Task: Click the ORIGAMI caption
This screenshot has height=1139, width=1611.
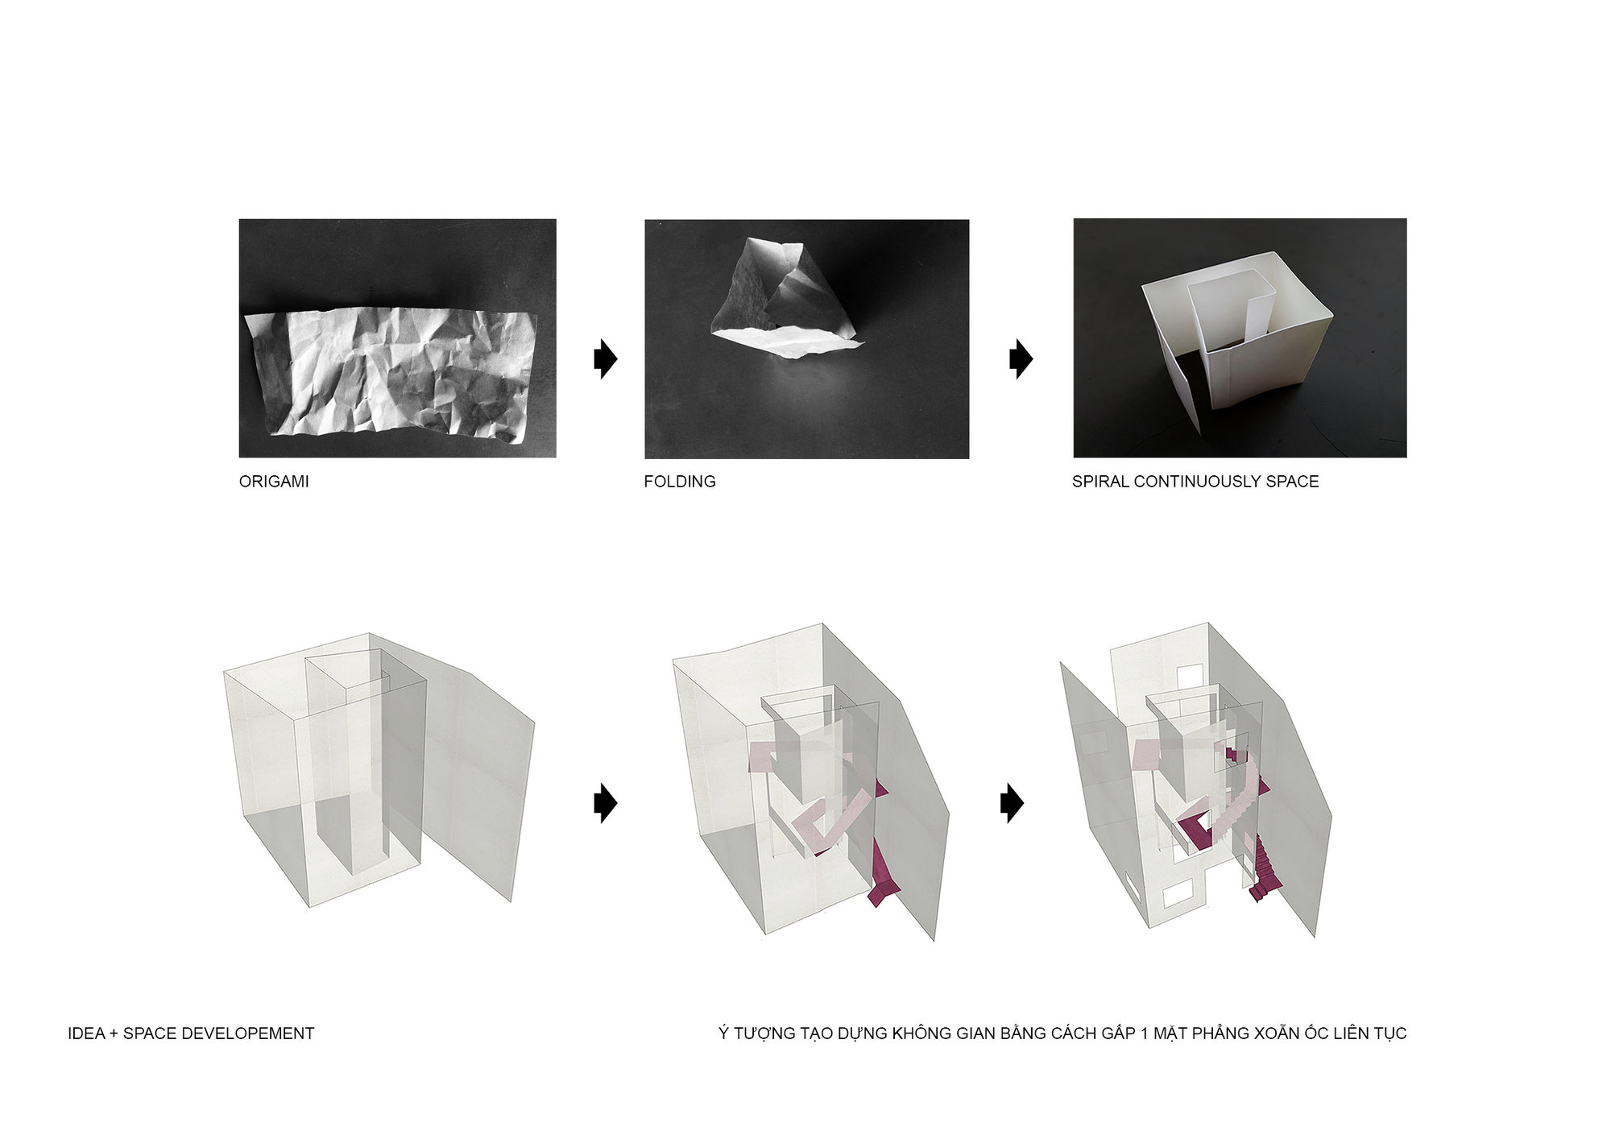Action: click(x=274, y=482)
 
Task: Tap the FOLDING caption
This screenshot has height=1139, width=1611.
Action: click(x=680, y=482)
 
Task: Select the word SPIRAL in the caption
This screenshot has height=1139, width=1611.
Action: click(x=1100, y=482)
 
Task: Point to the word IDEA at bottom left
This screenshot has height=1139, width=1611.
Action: click(x=86, y=1033)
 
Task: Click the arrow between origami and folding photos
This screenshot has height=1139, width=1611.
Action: click(x=606, y=358)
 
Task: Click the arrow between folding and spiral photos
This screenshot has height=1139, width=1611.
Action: click(x=1021, y=358)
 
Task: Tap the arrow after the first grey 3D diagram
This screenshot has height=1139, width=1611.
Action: click(x=606, y=803)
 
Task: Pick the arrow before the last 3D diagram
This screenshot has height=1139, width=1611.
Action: click(x=1012, y=803)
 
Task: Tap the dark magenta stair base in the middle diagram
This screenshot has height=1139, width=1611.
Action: click(x=884, y=878)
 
